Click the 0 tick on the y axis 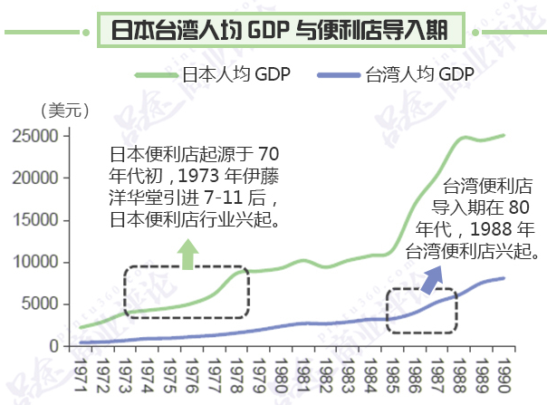pos(55,346)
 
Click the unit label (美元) pos(64,111)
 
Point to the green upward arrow pos(187,255)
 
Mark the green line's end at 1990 pos(504,135)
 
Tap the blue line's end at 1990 pos(504,278)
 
